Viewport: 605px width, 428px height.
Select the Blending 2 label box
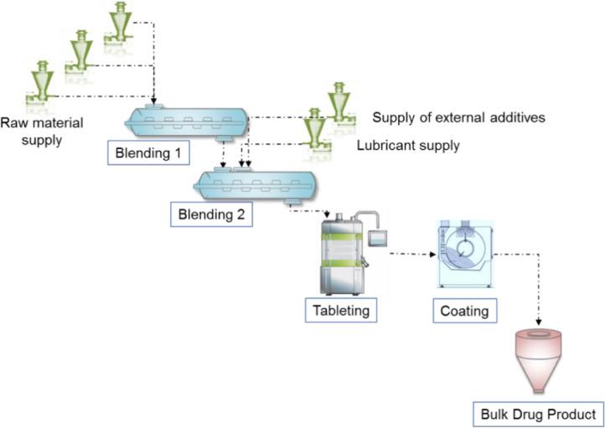(x=212, y=214)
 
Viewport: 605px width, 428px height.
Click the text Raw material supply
(x=39, y=130)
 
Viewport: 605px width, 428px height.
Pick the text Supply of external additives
(x=459, y=117)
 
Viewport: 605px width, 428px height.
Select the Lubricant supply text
(x=408, y=145)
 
